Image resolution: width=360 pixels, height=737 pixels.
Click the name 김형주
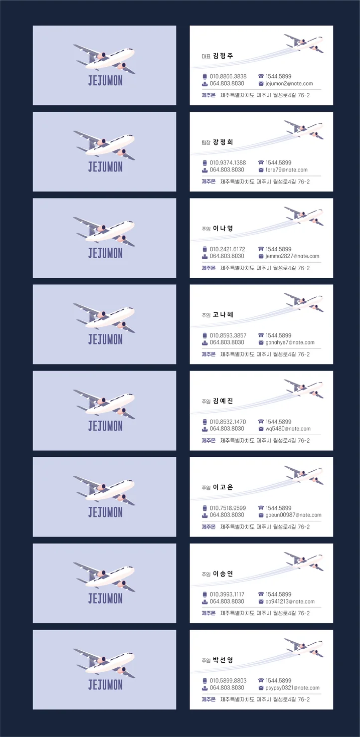pos(223,56)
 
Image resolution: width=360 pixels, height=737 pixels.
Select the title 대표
pos(206,56)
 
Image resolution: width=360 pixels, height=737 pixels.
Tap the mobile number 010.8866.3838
pos(228,77)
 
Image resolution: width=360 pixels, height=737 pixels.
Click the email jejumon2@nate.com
pos(289,84)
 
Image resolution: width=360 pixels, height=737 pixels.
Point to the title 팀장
pos(206,142)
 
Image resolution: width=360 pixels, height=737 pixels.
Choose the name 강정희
pos(223,142)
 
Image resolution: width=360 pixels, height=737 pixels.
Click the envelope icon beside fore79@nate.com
pos(261,170)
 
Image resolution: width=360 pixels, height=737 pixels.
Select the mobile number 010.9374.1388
pos(228,163)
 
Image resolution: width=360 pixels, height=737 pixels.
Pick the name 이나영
pos(223,228)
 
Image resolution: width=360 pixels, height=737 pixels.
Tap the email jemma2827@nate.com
pos(292,256)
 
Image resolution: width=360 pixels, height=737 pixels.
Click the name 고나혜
pos(223,314)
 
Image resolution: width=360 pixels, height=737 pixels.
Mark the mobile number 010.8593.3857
pos(228,335)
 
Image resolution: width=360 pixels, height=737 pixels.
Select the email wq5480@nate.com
pos(288,429)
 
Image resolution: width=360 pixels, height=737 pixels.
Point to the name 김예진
pos(223,401)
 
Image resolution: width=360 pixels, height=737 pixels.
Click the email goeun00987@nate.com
pos(293,515)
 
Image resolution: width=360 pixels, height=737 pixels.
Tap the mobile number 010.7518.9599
pos(228,508)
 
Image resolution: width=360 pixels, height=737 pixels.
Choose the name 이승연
pos(223,574)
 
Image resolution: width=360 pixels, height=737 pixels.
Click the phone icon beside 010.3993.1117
pos(205,595)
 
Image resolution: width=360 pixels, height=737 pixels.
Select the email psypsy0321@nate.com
pos(292,688)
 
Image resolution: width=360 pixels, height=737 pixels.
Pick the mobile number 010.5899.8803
pos(228,681)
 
